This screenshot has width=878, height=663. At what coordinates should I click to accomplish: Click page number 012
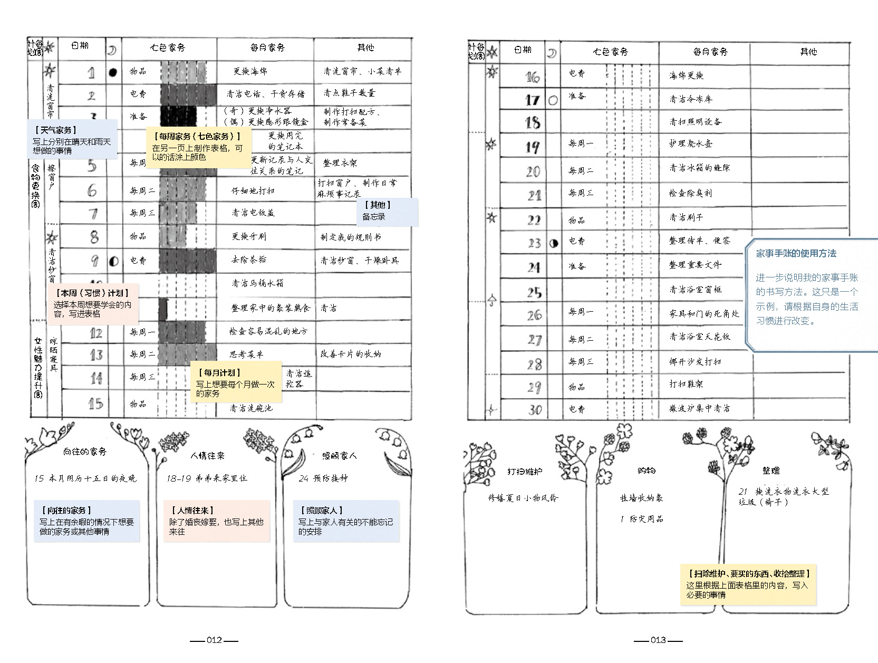click(x=214, y=640)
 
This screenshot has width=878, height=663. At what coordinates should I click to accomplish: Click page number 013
click(x=658, y=640)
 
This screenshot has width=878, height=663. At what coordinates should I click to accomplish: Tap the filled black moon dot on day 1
click(x=112, y=72)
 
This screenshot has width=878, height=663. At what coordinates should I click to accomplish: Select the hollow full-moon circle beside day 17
click(x=553, y=100)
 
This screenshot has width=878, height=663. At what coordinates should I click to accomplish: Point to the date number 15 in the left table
click(x=95, y=404)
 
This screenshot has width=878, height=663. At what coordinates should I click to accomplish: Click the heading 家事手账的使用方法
click(x=796, y=254)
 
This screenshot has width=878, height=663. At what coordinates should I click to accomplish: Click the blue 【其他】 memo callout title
click(x=378, y=205)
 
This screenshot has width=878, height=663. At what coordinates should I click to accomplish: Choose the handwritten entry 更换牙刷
click(x=249, y=236)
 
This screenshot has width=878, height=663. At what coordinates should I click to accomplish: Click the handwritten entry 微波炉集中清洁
click(x=699, y=408)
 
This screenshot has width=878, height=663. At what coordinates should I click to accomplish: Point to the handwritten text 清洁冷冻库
click(x=690, y=99)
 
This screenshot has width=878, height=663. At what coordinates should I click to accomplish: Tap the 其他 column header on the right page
click(x=808, y=52)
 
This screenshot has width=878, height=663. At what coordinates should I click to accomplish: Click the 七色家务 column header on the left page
click(x=167, y=47)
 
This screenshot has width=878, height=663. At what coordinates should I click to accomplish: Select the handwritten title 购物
click(x=646, y=470)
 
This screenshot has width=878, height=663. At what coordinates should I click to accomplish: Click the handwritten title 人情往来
click(x=207, y=456)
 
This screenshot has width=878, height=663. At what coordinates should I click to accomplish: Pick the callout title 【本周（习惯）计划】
click(x=89, y=293)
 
